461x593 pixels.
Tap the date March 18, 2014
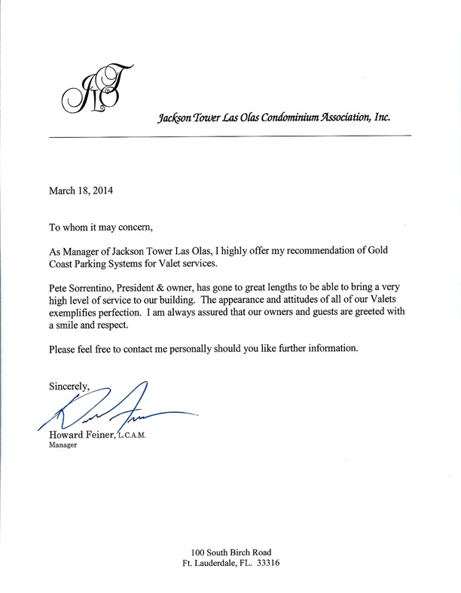pos(81,191)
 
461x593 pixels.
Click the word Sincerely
pos(69,387)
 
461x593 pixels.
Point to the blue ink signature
pos(121,411)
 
